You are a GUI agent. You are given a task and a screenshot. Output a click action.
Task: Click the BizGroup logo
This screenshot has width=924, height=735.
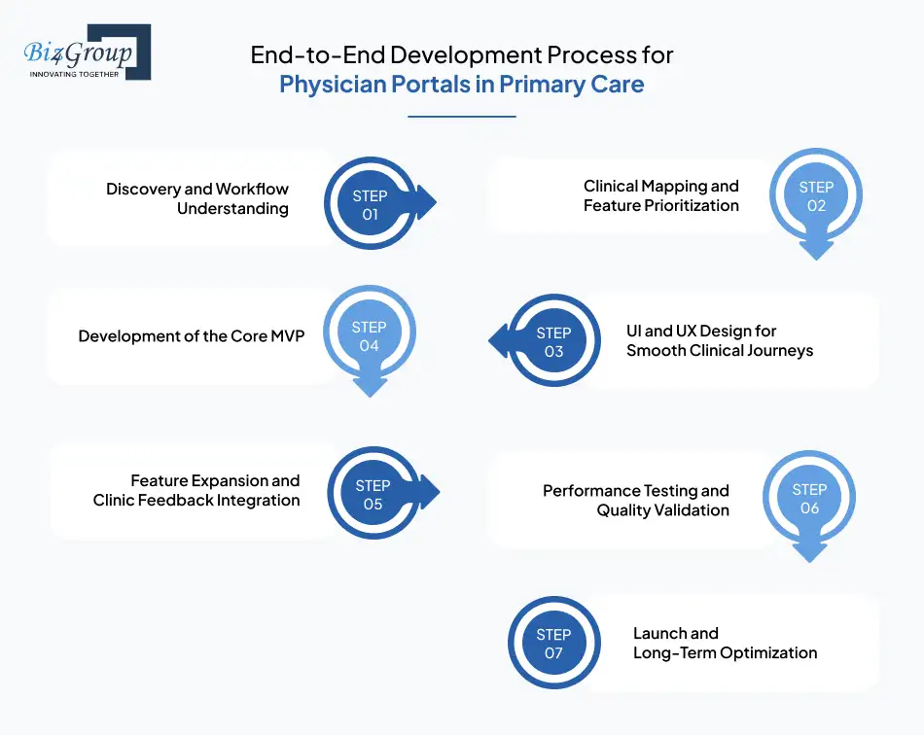click(x=86, y=52)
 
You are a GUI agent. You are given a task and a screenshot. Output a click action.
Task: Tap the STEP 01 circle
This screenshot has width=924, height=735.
click(x=370, y=205)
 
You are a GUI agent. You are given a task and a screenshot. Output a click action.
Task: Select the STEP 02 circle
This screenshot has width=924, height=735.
click(x=816, y=196)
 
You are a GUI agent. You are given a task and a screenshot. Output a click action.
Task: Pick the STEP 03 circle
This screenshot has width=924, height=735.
click(x=553, y=341)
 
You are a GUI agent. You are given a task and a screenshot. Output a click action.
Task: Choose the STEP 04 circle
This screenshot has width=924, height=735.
click(x=369, y=336)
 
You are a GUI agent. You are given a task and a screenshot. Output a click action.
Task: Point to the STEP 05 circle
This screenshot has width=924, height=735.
click(x=373, y=495)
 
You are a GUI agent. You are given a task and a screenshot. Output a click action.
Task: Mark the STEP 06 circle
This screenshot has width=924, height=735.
click(x=809, y=499)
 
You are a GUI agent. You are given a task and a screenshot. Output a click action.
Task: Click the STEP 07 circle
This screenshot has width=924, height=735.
click(x=553, y=644)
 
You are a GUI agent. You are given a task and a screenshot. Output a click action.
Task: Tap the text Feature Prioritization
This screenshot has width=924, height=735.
click(x=661, y=205)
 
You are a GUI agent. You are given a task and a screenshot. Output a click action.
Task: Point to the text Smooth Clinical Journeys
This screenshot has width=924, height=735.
click(x=720, y=350)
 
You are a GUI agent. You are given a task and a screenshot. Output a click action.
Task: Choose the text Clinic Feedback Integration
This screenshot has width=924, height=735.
click(x=196, y=500)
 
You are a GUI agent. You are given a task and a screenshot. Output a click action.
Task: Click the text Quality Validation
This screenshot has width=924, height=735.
click(x=662, y=509)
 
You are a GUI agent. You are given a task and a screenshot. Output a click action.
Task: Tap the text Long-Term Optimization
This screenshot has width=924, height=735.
click(x=725, y=652)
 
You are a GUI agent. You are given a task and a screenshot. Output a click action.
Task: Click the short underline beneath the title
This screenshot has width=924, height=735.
click(x=461, y=117)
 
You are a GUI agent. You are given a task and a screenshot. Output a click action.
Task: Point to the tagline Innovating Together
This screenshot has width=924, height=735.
click(x=74, y=74)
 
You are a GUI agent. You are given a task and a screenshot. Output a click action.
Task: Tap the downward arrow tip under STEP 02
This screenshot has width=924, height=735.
click(x=816, y=254)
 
